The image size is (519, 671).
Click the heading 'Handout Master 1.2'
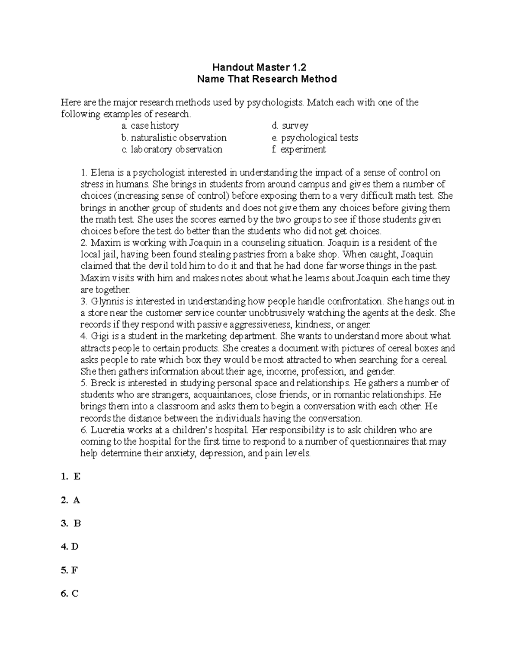259,67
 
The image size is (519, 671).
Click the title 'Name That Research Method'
266,79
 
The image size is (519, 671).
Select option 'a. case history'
150,126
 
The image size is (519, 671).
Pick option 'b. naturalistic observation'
174,138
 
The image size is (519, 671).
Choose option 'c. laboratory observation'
172,149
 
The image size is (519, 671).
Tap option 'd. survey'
290,126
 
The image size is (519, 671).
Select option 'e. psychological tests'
315,138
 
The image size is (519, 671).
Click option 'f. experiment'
298,149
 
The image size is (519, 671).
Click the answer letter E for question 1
77,477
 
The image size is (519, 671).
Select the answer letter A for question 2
77,500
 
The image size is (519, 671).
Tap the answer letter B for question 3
77,524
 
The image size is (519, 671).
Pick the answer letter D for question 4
75,547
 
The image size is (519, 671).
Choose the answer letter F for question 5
75,570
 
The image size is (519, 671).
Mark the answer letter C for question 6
75,594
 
